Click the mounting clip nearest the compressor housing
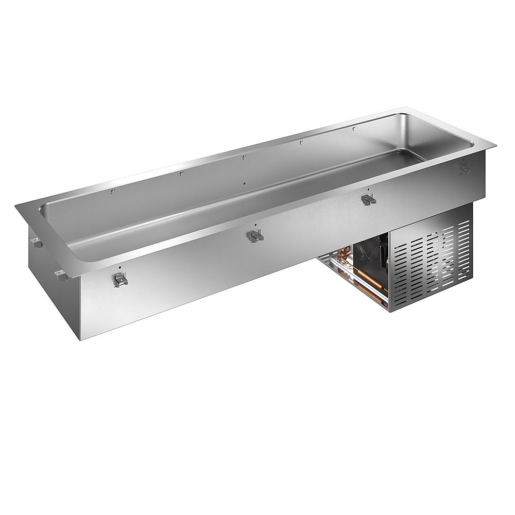pos(368,199)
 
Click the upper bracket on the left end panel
pos(35,241)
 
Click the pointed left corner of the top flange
pos(17,204)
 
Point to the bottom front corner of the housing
pos(78,340)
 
